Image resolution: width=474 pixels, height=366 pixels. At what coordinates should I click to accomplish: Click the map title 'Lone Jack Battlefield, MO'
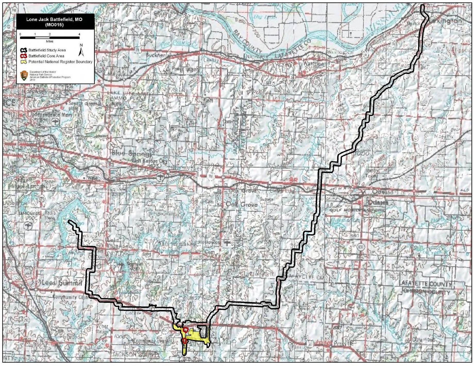point(54,19)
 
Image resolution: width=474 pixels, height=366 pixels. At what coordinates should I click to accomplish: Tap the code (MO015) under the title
point(54,25)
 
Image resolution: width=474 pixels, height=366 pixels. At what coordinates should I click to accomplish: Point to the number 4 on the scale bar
point(79,34)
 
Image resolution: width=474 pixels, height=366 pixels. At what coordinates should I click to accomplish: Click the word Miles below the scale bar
point(49,41)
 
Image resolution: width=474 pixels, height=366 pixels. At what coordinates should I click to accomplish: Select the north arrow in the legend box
point(81,51)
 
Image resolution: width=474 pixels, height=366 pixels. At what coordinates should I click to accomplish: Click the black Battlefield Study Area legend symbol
point(24,50)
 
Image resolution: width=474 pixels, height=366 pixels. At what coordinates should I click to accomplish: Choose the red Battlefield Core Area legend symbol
point(24,56)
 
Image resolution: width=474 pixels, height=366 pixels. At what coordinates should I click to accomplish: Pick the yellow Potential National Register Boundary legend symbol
point(24,62)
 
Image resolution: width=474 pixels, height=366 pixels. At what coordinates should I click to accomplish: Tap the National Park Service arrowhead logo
point(24,76)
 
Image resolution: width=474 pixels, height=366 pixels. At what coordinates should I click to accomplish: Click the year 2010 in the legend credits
point(32,80)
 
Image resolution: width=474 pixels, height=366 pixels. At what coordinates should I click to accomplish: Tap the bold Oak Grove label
point(241,204)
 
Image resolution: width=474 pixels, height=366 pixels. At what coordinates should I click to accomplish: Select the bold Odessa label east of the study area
point(378,202)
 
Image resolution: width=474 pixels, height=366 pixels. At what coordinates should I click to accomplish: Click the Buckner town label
point(155,55)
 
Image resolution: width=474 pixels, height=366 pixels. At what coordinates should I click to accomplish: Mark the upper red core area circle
point(186,330)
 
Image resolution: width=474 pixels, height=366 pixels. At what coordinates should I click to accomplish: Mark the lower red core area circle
point(184,341)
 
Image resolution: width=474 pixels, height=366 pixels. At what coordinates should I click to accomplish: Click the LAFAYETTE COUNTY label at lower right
point(427,284)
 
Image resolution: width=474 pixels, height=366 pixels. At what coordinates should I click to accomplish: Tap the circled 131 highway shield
point(361,247)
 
